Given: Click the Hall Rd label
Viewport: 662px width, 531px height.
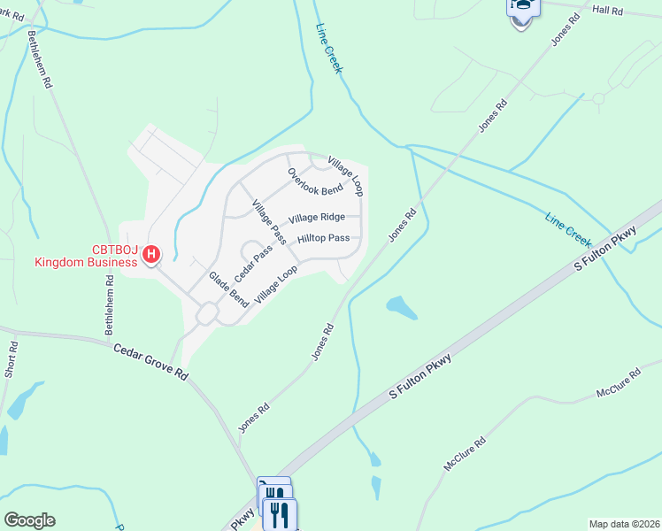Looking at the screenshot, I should click(607, 11).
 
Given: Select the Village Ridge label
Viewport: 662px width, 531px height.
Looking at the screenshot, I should click(316, 217).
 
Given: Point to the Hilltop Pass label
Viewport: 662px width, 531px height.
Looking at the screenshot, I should click(323, 238).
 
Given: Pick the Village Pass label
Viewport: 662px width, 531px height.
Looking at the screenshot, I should click(268, 222).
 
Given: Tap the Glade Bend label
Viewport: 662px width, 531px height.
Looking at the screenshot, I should click(228, 289).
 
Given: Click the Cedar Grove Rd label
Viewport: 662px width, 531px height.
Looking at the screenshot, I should click(150, 361).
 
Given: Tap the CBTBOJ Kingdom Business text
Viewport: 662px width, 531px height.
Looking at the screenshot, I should click(85, 256).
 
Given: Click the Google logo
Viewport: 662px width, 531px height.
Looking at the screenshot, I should click(29, 520).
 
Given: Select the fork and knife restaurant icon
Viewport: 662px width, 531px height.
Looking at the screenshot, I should click(280, 513).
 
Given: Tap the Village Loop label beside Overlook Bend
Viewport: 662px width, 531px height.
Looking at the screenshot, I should click(346, 176).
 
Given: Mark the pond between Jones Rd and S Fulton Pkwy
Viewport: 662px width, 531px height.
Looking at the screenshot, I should click(402, 307).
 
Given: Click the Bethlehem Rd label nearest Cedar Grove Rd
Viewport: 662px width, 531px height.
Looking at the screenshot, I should click(109, 304).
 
